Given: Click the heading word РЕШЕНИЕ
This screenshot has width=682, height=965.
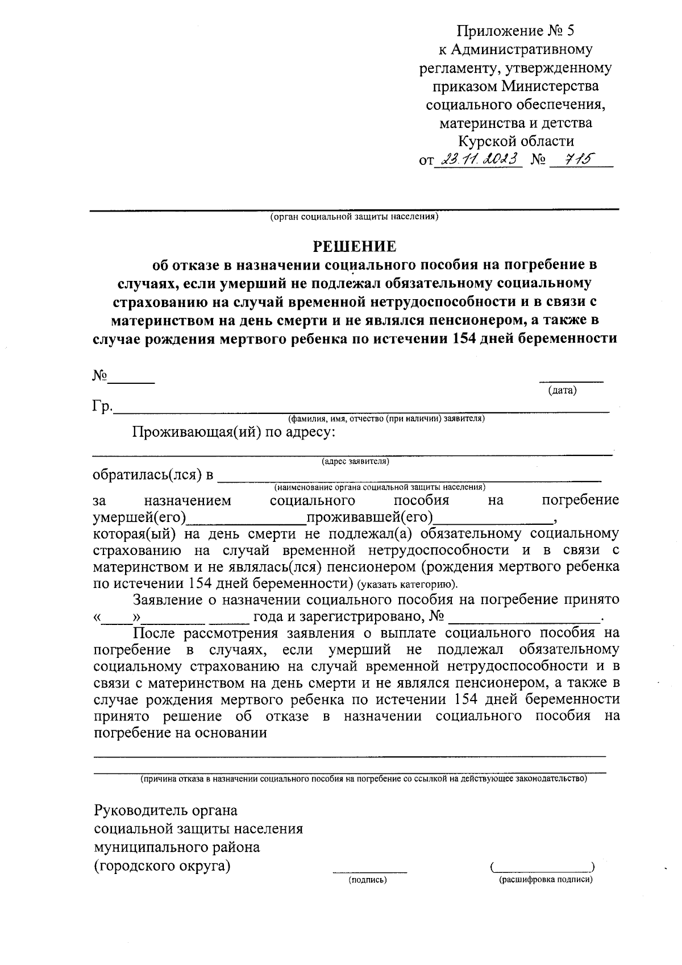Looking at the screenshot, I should pyautogui.click(x=355, y=247).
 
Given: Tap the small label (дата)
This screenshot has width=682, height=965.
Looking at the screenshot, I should pyautogui.click(x=562, y=390).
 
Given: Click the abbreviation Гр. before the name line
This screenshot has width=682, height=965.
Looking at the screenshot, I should pyautogui.click(x=102, y=407).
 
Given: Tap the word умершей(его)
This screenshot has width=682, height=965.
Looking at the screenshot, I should pyautogui.click(x=140, y=517).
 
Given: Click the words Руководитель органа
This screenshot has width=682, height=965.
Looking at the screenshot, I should pyautogui.click(x=165, y=810).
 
